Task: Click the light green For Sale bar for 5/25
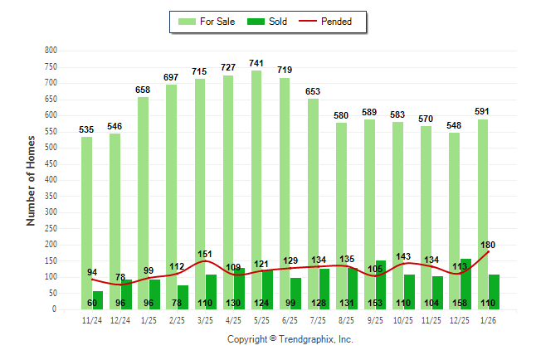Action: coord(256,191)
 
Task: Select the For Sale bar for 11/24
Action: coord(86,224)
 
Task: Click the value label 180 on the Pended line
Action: coord(489,245)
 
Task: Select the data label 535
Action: coord(86,129)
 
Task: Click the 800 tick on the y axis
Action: coord(51,51)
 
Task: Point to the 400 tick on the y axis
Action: coord(51,180)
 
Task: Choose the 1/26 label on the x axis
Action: coord(488,319)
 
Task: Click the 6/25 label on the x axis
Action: coord(290,319)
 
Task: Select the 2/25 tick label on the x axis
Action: coord(177,319)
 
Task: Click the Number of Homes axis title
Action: coord(32,180)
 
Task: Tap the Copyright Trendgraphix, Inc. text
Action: coord(290,339)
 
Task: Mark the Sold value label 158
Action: coord(460,303)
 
